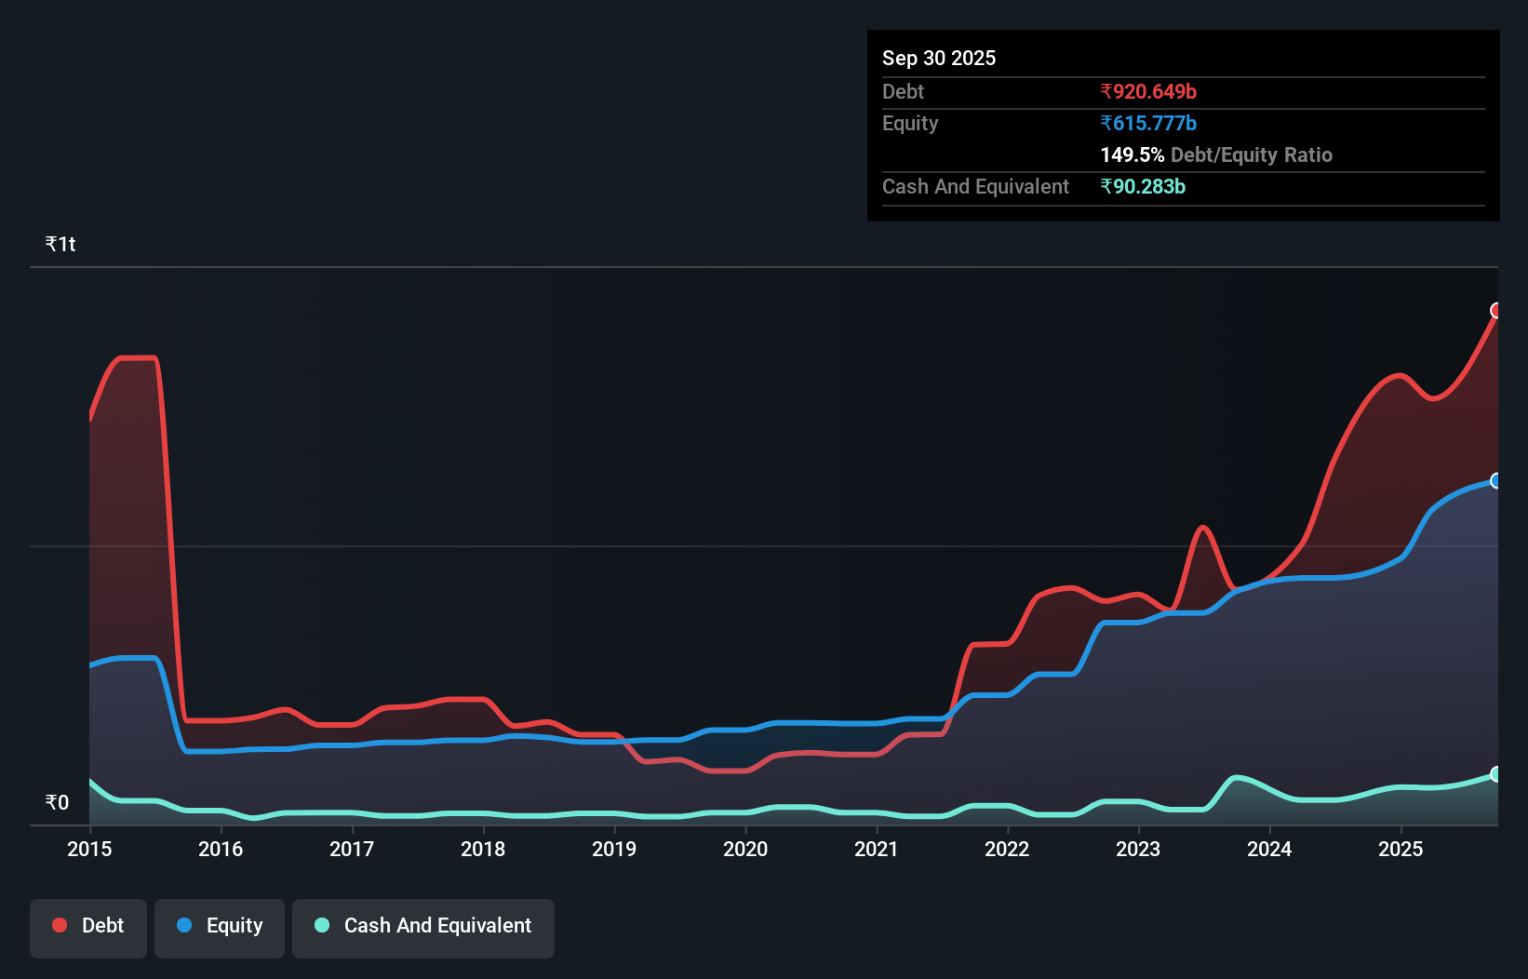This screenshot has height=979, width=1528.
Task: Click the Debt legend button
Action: tap(88, 926)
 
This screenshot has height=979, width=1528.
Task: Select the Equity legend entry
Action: tap(220, 926)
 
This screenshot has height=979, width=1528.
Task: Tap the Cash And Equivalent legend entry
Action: tap(423, 926)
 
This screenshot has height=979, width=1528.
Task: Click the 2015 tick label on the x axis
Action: tap(89, 849)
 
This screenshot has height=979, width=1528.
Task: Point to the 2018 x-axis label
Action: tap(483, 849)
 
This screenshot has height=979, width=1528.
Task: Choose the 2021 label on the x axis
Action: tap(877, 849)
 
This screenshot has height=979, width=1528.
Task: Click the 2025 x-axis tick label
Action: tap(1401, 849)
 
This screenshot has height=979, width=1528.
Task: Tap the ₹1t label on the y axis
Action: tap(60, 244)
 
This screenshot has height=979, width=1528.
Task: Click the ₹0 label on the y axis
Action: tap(57, 802)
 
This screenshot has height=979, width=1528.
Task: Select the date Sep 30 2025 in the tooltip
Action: tap(939, 58)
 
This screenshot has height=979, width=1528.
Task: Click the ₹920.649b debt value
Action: tap(1148, 91)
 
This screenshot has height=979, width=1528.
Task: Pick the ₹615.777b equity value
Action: tap(1148, 123)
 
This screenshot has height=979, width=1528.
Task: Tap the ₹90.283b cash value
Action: tap(1143, 186)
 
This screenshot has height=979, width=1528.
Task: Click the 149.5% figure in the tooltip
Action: tap(1132, 154)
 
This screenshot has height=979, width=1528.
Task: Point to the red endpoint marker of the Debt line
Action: tap(1496, 310)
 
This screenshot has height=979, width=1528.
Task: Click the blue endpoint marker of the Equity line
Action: tap(1496, 480)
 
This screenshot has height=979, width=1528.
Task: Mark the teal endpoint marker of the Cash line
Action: tap(1496, 774)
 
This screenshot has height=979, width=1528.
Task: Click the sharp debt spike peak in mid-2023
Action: tap(1203, 528)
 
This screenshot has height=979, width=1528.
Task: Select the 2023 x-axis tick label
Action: tap(1138, 849)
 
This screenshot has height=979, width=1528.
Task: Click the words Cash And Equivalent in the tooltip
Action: tap(975, 186)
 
